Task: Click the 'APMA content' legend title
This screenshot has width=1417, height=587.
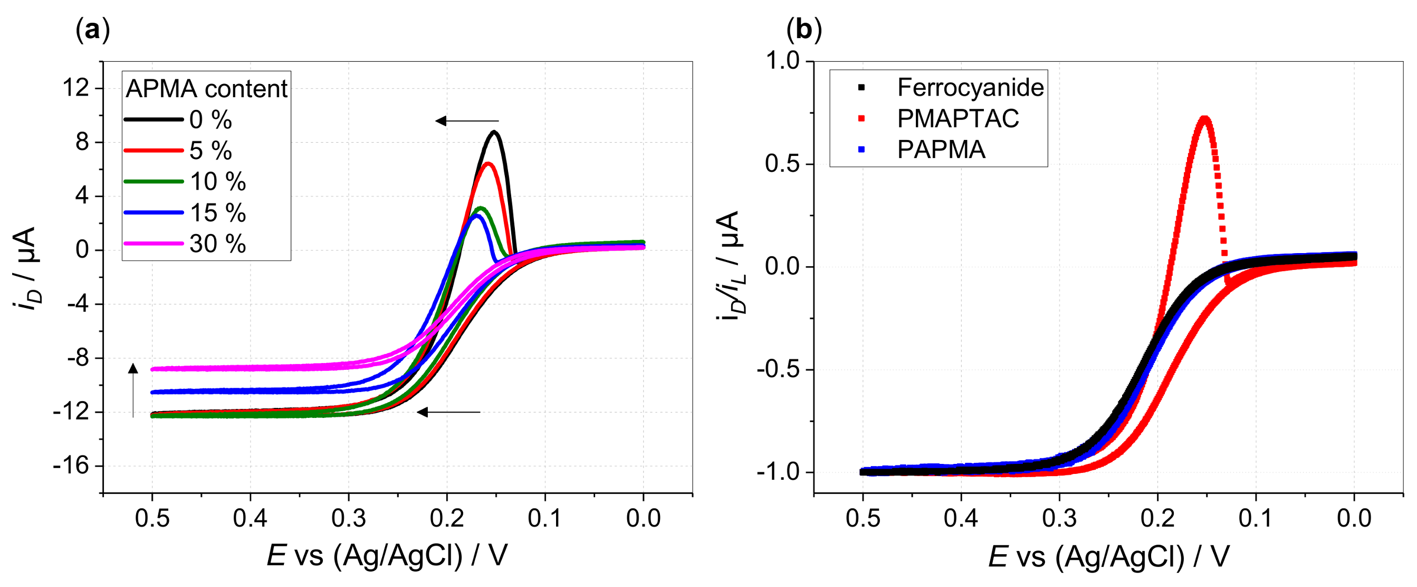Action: coord(206,89)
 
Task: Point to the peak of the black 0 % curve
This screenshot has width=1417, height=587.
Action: coord(494,132)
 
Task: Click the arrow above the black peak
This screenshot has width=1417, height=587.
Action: coord(467,120)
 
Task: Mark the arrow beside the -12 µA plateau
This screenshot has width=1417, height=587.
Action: coord(448,412)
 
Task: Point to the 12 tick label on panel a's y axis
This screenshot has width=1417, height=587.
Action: coord(75,88)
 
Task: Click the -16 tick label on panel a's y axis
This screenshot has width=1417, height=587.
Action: coord(71,466)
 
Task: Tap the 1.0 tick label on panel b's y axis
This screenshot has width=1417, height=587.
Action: coord(782,61)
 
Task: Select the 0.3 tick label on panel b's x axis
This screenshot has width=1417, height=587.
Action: coord(1059,519)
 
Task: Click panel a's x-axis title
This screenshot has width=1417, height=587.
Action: coord(387,556)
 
